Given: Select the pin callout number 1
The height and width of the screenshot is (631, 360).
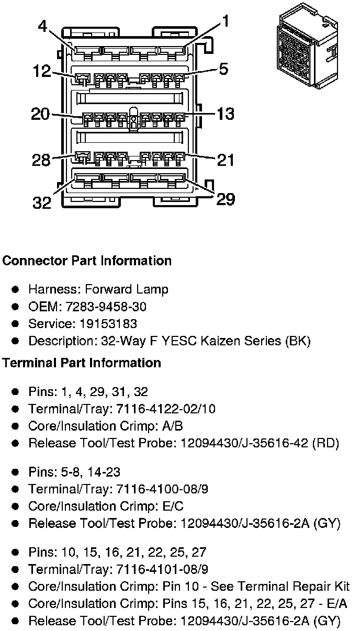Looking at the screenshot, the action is (x=226, y=21).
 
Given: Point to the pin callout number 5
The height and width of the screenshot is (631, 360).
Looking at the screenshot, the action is (x=223, y=69).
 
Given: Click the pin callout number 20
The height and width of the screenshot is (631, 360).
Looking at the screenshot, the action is (x=41, y=114).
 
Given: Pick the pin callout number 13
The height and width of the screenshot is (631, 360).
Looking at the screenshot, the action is (x=226, y=114).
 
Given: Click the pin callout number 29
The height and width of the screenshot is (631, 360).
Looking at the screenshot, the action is (x=226, y=199).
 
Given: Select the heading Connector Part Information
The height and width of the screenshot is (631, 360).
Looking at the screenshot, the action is (x=87, y=261).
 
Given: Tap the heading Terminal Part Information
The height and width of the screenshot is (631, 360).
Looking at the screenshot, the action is (x=82, y=363).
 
